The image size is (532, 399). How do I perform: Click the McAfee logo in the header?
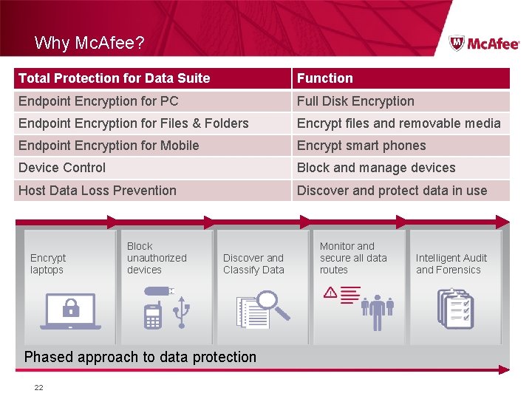[x=484, y=43]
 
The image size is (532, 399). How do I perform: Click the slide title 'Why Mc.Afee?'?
[x=89, y=43]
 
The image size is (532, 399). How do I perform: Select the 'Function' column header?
[x=325, y=78]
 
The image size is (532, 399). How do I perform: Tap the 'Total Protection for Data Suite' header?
[x=114, y=78]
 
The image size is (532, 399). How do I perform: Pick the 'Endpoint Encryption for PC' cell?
[x=98, y=101]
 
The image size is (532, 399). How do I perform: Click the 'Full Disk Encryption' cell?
[x=355, y=101]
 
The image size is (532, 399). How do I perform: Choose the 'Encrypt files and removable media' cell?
[x=399, y=123]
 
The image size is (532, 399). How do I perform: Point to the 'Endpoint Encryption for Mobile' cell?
[x=109, y=146]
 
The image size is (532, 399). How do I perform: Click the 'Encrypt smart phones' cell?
[x=361, y=146]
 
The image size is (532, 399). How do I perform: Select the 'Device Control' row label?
[x=62, y=168]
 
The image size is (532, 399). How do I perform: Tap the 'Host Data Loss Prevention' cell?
[x=98, y=191]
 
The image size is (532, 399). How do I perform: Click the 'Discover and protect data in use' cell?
[x=392, y=191]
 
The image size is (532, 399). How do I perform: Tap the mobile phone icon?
[x=152, y=315]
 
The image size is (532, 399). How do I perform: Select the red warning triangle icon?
[x=330, y=293]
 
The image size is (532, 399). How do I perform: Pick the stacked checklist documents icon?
[x=455, y=309]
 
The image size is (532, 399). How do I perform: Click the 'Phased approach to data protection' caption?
[x=140, y=357]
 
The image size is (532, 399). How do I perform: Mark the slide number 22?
[x=38, y=386]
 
